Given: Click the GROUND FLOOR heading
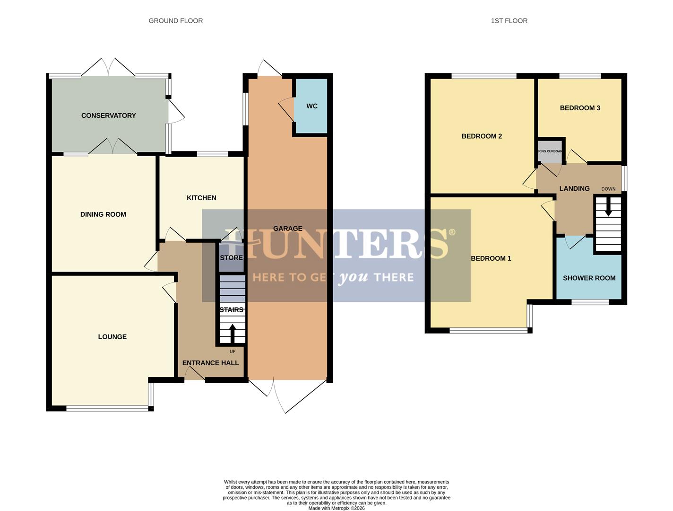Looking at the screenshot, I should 175,21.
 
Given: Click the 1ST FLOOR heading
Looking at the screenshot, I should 509,21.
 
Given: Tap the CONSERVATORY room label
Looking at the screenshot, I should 108,115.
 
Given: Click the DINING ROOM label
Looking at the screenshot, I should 103,214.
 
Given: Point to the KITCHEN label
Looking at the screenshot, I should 201,198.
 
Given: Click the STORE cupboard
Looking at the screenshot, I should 231,258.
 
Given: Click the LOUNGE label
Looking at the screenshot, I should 112,337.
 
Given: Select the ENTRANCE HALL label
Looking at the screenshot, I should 210,363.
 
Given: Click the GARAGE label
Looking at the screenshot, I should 287,229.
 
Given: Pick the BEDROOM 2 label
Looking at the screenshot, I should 482,136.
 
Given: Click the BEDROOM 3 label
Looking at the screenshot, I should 580,108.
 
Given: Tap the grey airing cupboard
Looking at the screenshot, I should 550,151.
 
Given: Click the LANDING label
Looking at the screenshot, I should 574,188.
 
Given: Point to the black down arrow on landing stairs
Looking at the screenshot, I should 608,207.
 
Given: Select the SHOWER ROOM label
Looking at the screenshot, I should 589,278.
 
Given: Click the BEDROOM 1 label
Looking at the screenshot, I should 491,258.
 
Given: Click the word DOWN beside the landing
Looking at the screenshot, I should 608,189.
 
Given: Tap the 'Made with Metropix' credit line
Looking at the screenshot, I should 336,508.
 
